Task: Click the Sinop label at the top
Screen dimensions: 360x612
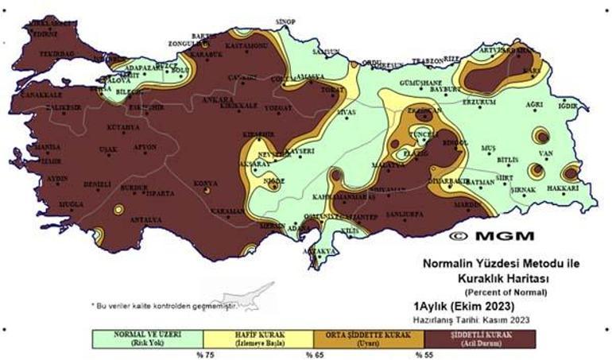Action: coord(285,21)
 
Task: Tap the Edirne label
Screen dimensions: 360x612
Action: coord(42,34)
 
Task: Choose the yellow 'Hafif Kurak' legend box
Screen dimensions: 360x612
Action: coord(260,338)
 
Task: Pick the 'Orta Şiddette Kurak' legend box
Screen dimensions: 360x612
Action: coord(371,338)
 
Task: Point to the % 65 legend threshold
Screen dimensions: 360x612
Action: coord(313,354)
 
